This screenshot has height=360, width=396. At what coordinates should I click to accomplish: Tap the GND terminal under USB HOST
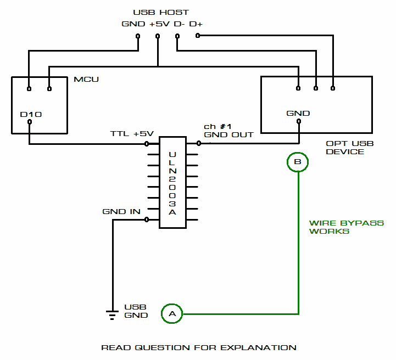click(x=137, y=37)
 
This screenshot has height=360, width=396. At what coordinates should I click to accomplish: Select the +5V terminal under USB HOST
click(x=158, y=37)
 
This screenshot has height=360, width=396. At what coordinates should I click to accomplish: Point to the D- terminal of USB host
click(x=177, y=37)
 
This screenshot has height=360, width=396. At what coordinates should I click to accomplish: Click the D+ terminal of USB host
click(x=198, y=36)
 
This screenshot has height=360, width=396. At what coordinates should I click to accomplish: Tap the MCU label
click(x=86, y=80)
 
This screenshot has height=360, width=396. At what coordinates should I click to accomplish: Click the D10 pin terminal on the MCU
click(x=30, y=122)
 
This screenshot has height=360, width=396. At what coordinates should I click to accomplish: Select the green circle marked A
click(x=172, y=314)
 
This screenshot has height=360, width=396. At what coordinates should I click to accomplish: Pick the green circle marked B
click(x=298, y=162)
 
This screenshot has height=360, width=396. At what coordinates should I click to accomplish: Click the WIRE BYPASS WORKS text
click(x=346, y=227)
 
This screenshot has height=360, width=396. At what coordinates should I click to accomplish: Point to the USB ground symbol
click(x=112, y=314)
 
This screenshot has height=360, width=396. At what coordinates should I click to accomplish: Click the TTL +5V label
click(x=132, y=134)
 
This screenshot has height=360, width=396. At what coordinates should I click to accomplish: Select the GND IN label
click(x=121, y=212)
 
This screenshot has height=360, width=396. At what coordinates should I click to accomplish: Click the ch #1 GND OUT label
click(x=228, y=131)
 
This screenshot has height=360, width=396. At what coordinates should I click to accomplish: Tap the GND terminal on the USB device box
click(x=298, y=122)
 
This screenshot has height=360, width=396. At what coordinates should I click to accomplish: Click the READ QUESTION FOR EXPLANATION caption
click(x=199, y=348)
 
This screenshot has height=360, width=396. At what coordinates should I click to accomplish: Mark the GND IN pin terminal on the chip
click(x=147, y=220)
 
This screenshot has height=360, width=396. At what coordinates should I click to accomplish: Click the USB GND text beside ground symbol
click(x=136, y=311)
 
